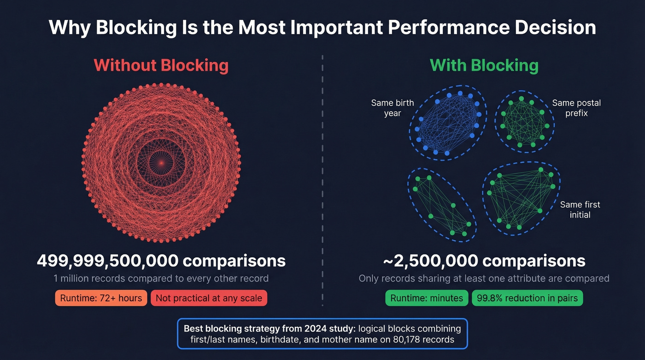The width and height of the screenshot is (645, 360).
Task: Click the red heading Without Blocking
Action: pos(161,65)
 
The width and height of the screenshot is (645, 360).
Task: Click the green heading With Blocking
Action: pos(484,65)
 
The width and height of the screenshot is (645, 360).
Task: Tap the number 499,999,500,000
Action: pos(107,261)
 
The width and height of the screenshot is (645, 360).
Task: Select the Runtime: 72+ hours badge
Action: pos(101,298)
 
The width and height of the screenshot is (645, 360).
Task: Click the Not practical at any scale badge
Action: pos(209,298)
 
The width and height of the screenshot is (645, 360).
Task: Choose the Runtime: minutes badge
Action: pos(427,298)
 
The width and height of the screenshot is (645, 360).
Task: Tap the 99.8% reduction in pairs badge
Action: pos(528,298)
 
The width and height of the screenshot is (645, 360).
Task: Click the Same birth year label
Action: pos(393,108)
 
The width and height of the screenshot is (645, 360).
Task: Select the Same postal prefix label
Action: pos(576,108)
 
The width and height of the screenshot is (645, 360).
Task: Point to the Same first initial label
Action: pos(580,210)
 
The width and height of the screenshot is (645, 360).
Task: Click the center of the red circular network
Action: pos(161,162)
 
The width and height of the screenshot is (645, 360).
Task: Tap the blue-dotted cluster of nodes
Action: pos(447,123)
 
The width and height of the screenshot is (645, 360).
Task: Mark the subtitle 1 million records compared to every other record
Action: pos(161,278)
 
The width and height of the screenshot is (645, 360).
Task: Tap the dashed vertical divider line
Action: pos(322,184)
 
